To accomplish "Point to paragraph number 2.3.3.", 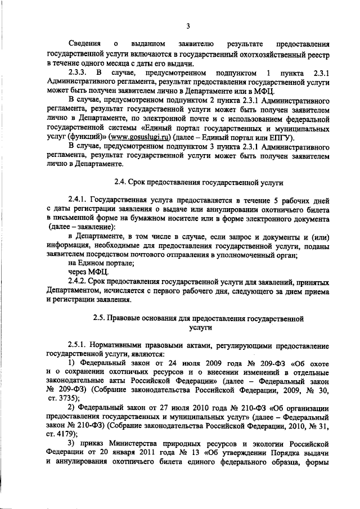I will click(78, 74).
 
